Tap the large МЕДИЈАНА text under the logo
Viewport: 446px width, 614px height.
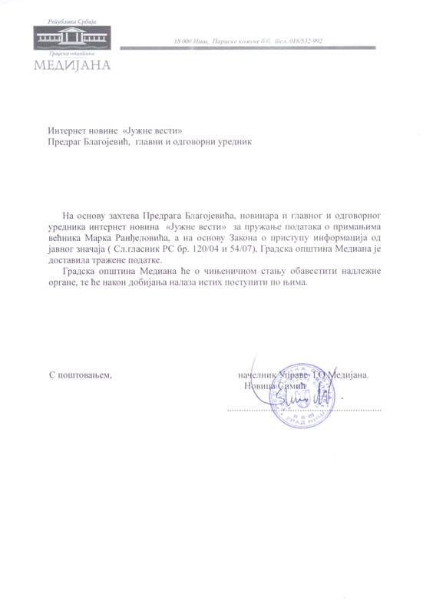(72, 64)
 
